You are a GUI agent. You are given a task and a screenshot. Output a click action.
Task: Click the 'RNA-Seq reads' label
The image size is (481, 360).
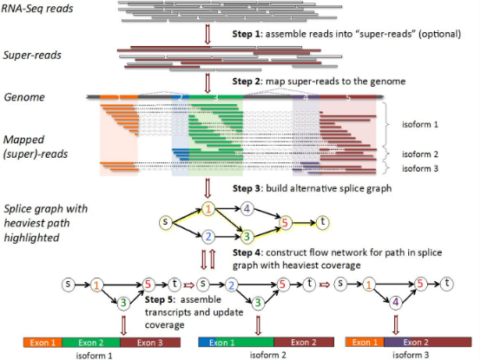click(x=37, y=9)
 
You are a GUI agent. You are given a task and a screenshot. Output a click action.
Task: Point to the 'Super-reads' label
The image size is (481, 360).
click(x=32, y=56)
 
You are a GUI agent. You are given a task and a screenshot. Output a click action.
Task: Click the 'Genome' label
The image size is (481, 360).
click(x=24, y=97)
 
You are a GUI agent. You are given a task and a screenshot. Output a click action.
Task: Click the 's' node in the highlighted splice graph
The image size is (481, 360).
click(x=165, y=222)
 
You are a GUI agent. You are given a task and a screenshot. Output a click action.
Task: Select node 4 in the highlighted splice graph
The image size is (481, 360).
click(x=247, y=209)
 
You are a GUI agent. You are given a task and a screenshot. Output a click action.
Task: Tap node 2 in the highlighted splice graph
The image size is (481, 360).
click(x=208, y=237)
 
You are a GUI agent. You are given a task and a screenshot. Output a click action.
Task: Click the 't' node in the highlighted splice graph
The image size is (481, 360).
click(x=322, y=222)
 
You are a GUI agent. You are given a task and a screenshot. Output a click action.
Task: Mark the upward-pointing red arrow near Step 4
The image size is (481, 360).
click(x=212, y=259)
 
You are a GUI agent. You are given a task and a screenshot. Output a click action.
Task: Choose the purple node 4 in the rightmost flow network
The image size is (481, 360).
click(x=395, y=303)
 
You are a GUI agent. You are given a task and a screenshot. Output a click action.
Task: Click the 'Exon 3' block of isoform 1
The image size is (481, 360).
click(x=150, y=343)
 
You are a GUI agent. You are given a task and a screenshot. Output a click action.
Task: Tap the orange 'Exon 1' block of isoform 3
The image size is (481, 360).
click(x=365, y=343)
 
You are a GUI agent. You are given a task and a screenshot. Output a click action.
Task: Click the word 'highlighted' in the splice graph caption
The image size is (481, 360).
click(x=31, y=238)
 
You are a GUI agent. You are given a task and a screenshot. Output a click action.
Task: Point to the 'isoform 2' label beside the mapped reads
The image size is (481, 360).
click(x=420, y=154)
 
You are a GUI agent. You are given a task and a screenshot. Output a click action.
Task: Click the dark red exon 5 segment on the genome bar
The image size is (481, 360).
click(x=348, y=97)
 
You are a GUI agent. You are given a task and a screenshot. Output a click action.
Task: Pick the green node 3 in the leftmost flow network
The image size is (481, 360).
click(x=123, y=303)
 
